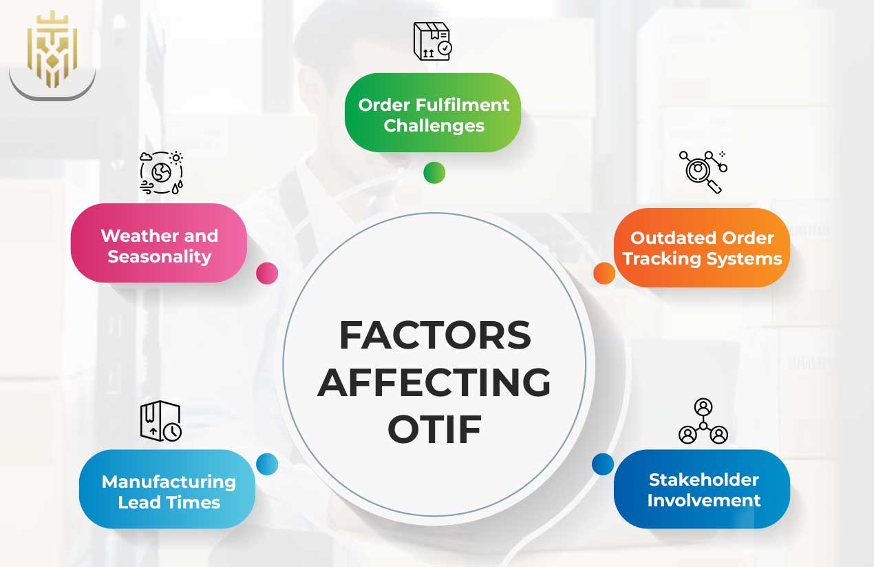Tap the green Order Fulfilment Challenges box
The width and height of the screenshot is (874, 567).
point(433,113)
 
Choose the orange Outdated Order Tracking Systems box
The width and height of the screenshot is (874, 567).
point(702,247)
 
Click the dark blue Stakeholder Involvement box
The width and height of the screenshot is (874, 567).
point(702,488)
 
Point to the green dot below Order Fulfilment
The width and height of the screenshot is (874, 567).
point(434,172)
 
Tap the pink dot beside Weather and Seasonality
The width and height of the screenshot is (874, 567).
point(267,274)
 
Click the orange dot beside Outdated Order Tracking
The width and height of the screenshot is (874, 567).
point(604,273)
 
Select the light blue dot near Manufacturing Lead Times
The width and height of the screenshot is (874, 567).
point(267,464)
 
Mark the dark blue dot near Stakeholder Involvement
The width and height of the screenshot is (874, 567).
point(602,464)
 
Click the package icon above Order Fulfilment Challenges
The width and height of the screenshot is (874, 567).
point(432,41)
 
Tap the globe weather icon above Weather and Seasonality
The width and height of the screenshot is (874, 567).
point(161,172)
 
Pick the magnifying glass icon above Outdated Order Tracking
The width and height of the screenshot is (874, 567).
point(703,172)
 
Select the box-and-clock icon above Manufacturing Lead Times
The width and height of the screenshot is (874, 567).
point(160,421)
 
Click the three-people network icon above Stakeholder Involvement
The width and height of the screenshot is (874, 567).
point(703,421)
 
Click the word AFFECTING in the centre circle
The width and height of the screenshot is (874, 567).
point(434,382)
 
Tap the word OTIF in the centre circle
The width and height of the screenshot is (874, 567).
point(434,429)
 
